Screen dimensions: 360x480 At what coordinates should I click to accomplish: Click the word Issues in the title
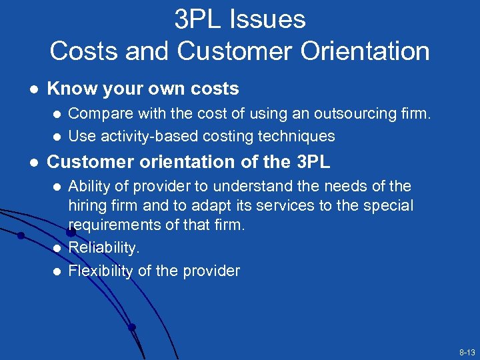click(270, 20)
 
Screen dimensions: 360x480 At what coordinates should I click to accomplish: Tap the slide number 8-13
click(467, 351)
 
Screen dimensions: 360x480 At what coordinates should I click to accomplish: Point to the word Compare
click(98, 114)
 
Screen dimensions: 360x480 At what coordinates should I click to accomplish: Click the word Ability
click(91, 186)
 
